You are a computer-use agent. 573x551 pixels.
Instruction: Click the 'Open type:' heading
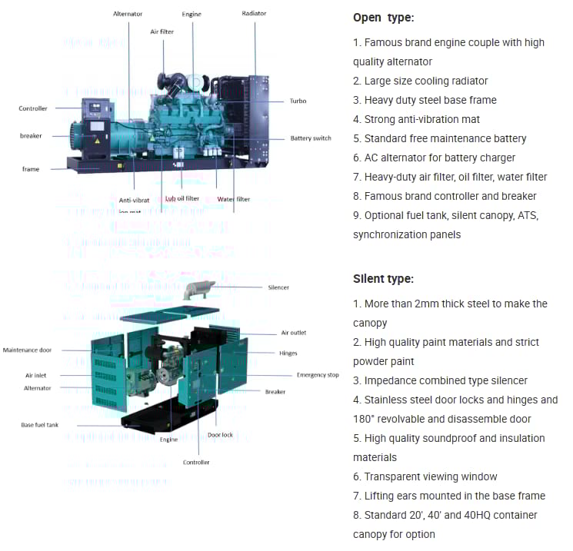click(x=383, y=18)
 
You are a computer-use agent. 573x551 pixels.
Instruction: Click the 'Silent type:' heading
click(x=383, y=279)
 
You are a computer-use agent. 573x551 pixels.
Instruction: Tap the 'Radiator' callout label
click(x=254, y=14)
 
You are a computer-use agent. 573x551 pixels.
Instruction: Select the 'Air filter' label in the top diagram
click(x=162, y=31)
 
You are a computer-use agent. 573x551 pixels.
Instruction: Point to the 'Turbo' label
click(x=298, y=101)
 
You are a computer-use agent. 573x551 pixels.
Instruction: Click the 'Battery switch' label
click(x=311, y=138)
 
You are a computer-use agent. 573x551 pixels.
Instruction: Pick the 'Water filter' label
click(x=233, y=199)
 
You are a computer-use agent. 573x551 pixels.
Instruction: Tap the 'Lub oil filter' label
click(x=182, y=198)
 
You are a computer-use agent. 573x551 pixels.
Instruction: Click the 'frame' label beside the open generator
click(x=31, y=169)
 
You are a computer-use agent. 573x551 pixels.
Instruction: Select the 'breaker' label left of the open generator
click(x=31, y=136)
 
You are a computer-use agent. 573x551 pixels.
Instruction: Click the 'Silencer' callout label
click(x=278, y=287)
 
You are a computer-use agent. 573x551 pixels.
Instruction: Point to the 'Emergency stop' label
click(x=318, y=375)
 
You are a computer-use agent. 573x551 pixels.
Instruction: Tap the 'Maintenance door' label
click(x=28, y=350)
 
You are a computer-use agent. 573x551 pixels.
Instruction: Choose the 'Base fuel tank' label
click(x=39, y=424)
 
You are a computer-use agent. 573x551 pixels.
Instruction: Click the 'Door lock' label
click(x=220, y=435)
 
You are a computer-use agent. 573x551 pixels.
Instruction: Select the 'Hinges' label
click(x=288, y=354)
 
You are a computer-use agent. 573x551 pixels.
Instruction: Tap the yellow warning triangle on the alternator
click(x=97, y=140)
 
